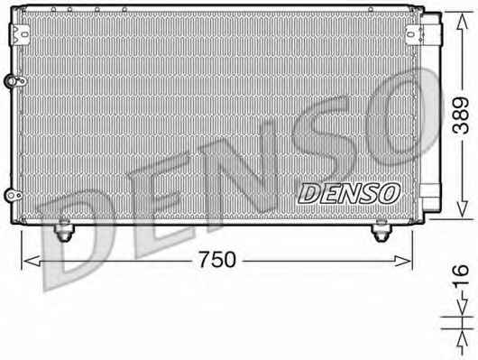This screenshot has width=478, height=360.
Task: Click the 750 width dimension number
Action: click(x=217, y=260)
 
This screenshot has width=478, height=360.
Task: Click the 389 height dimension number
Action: click(x=461, y=115)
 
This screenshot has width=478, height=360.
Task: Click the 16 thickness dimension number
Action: click(x=461, y=276)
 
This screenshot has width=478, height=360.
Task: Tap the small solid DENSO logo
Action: click(x=349, y=193)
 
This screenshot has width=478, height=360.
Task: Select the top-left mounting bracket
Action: click(x=20, y=33)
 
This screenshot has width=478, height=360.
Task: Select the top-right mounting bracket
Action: click(x=414, y=33)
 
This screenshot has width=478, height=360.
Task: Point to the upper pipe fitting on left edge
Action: click(x=14, y=81)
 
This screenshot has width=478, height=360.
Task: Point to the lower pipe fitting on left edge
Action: click(x=14, y=196)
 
